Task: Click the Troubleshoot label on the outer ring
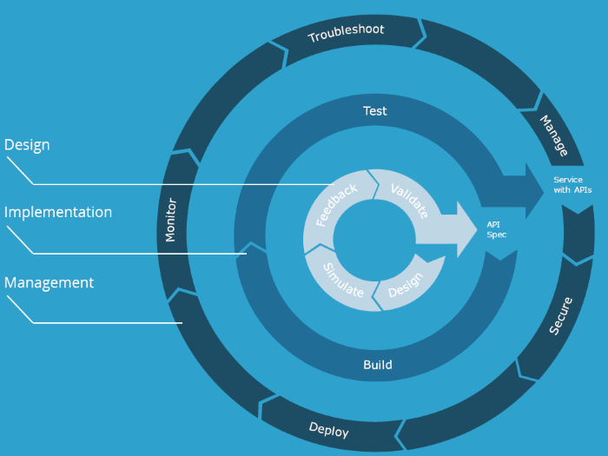coord(346,34)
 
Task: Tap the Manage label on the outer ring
coord(554,136)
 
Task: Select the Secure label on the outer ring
coord(561,316)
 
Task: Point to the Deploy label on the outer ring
coord(329,429)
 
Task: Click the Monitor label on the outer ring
coord(171,221)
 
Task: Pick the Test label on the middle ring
coord(375,111)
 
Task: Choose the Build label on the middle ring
coord(377,365)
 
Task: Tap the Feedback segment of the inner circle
coord(336,205)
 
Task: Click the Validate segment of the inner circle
coord(408,201)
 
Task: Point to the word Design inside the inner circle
coord(405,281)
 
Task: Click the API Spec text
coord(497,229)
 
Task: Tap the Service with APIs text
coord(572,185)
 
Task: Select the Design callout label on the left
coord(27,145)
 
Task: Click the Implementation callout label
coord(58,212)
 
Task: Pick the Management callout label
coord(49,282)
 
